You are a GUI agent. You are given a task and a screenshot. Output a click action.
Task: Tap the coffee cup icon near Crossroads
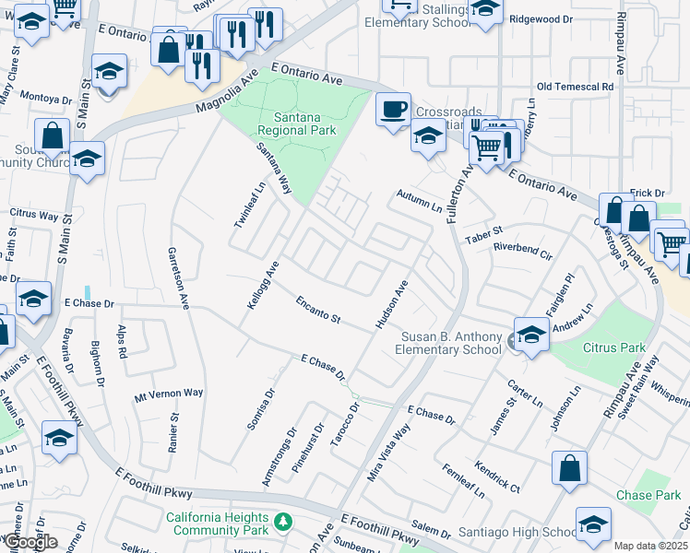(393, 110)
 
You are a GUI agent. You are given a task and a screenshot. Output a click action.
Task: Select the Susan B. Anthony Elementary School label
(448, 343)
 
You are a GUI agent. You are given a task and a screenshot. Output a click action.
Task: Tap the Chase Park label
(648, 495)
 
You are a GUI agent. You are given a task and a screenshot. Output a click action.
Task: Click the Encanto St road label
(318, 310)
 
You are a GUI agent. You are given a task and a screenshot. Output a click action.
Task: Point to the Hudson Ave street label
(391, 305)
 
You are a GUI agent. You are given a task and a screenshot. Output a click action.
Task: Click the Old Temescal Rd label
(575, 87)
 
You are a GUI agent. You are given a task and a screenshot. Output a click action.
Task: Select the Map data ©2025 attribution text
(651, 546)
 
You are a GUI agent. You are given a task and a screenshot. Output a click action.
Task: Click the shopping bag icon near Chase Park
(569, 468)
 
